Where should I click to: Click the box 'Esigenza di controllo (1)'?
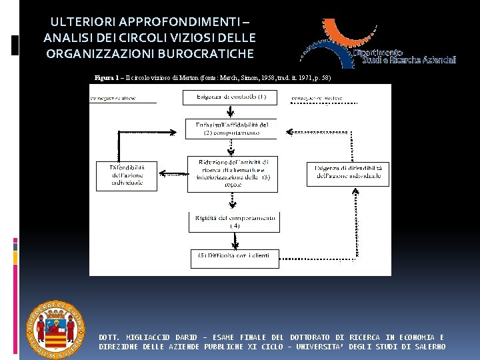[x=231, y=97]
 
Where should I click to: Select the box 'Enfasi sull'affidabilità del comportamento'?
[x=231, y=128]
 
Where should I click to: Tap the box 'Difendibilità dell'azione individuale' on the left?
[x=127, y=175]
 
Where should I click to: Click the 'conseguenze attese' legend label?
[x=113, y=97]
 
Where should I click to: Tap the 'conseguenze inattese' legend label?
[x=317, y=98]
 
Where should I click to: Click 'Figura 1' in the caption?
[x=107, y=78]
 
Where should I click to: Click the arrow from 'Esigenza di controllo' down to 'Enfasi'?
[x=231, y=111]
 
